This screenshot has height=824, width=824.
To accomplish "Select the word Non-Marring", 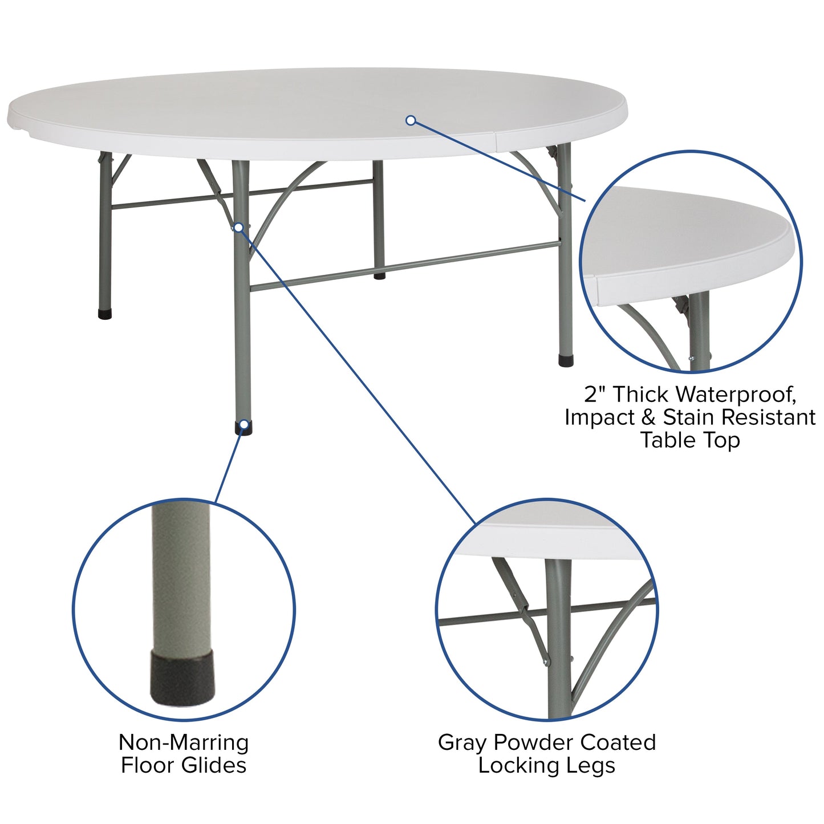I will [x=184, y=742].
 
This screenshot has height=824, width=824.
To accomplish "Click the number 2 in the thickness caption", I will [x=590, y=394].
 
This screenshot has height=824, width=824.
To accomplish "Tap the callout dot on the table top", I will [x=411, y=120].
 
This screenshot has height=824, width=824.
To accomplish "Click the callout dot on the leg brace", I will [x=239, y=228].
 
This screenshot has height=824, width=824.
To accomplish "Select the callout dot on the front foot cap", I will [x=244, y=424].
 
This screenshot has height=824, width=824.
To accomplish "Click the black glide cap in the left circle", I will [x=181, y=679].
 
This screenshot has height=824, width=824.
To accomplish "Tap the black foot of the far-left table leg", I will [x=105, y=314].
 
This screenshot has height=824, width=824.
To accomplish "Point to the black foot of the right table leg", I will [x=566, y=361].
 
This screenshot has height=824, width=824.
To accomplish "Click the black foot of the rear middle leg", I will [x=379, y=276].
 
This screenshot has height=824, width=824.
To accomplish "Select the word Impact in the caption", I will [x=599, y=417].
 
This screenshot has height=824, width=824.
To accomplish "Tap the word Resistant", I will [x=768, y=417].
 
